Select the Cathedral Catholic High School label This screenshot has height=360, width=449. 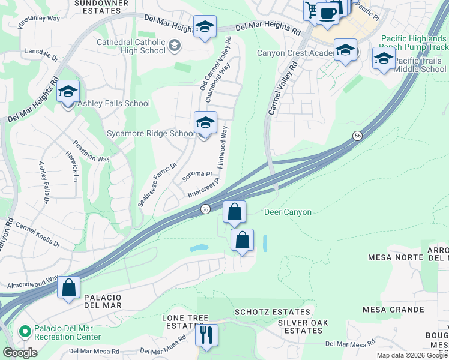tap(131, 46)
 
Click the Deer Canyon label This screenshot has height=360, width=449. tap(288, 212)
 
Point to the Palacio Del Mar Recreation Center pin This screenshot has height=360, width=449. tap(25, 331)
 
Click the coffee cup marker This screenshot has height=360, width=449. tap(327, 13)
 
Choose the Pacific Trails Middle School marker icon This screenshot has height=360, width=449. tap(384, 59)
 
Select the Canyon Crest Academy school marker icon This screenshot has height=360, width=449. tap(345, 51)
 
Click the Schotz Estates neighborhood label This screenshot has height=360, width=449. tap(273, 312)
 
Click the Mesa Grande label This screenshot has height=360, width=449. tap(394, 310)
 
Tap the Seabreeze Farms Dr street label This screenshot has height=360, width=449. tap(158, 185)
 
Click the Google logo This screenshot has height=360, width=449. tap(20, 353)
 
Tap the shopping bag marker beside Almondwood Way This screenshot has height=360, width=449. tap(69, 287)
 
